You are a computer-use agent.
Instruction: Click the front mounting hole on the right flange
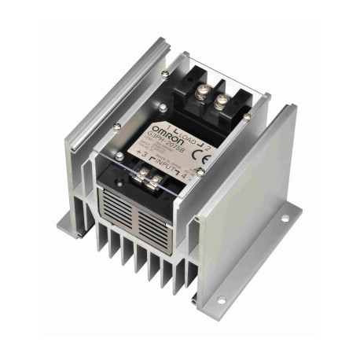221,299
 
